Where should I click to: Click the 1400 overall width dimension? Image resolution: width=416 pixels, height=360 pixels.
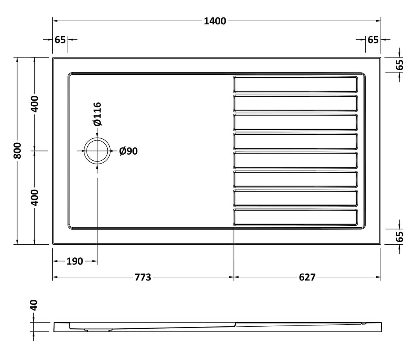[x=215, y=21]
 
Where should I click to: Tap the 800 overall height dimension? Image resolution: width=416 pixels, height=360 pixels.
[x=17, y=151]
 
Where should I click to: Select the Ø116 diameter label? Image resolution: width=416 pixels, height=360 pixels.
[x=97, y=114]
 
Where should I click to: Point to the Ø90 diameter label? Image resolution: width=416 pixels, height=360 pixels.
[x=128, y=151]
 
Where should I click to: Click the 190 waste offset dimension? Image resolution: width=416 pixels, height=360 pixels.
[x=75, y=261]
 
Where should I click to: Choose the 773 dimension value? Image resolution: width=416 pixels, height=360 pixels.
[x=143, y=277]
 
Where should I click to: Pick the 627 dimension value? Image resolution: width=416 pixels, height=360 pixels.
[x=307, y=277]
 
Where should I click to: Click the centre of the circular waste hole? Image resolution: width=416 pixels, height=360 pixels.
[x=97, y=151]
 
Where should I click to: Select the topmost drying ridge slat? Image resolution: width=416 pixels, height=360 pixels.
[x=295, y=84]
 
